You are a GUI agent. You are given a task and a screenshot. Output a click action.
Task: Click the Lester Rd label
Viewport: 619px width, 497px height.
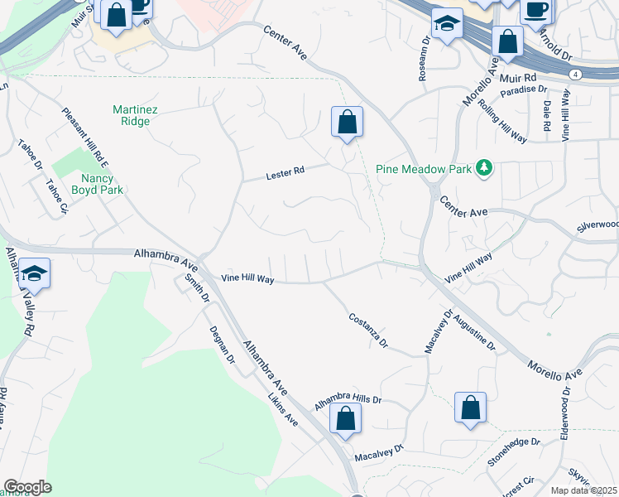point(286,172)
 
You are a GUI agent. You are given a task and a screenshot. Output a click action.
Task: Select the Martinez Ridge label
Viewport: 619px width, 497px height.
point(132,115)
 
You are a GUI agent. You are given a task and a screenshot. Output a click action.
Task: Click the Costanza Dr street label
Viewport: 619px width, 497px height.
point(368,331)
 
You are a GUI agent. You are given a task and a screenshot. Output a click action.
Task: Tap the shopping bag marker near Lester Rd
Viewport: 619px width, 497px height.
point(348,123)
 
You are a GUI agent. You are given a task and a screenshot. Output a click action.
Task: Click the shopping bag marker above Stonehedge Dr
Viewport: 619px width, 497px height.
point(470,408)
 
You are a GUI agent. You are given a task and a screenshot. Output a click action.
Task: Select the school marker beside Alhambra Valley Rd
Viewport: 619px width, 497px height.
point(35,273)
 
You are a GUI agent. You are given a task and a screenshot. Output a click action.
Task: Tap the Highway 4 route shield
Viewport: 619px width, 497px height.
point(575,75)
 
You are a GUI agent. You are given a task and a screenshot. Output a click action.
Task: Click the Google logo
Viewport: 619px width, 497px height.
point(27,487)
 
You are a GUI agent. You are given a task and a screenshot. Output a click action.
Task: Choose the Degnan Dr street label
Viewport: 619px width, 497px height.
point(224,349)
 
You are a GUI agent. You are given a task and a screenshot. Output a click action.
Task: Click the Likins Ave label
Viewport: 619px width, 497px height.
point(282,408)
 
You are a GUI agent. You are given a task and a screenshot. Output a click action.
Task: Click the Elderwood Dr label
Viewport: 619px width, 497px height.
point(566,412)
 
